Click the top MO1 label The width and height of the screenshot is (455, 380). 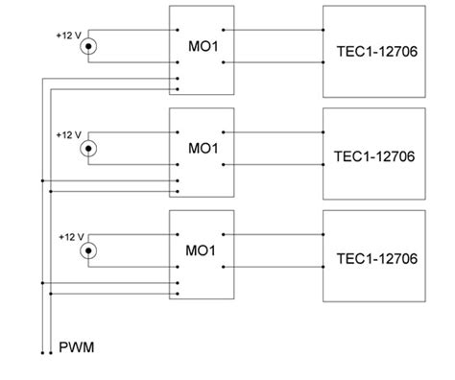201,47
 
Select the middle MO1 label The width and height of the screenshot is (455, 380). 201,150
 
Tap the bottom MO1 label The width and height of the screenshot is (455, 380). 201,250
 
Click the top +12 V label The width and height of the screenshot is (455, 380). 70,35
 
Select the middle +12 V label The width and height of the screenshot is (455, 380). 70,135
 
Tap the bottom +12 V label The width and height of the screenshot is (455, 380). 70,236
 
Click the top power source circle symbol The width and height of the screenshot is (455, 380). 90,47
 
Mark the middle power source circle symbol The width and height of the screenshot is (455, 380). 90,149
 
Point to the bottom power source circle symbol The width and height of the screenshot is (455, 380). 90,250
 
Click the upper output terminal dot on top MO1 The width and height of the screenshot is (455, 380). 224,29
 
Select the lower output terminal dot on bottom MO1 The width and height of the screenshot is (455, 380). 224,267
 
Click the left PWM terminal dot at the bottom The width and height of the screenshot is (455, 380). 41,352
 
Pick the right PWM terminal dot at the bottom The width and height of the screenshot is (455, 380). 50,352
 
